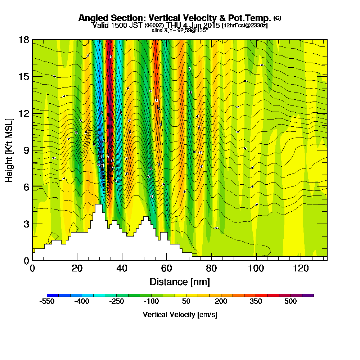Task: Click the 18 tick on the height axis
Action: tap(24, 40)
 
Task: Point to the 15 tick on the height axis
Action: tap(24, 76)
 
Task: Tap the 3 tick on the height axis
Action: tap(26, 224)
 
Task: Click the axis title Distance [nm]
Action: tap(180, 281)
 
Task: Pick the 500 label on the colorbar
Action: tap(291, 301)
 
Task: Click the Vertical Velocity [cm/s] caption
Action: tap(180, 315)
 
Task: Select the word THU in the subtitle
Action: tap(176, 25)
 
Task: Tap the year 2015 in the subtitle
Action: tap(212, 25)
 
